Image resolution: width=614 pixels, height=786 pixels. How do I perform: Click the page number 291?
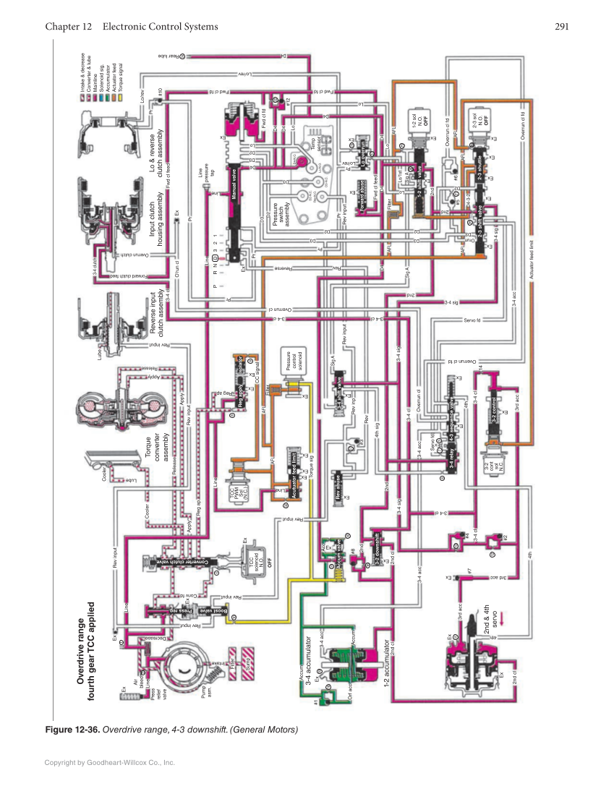coord(563,27)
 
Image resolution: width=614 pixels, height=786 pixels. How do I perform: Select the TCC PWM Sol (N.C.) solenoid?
coord(237,487)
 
